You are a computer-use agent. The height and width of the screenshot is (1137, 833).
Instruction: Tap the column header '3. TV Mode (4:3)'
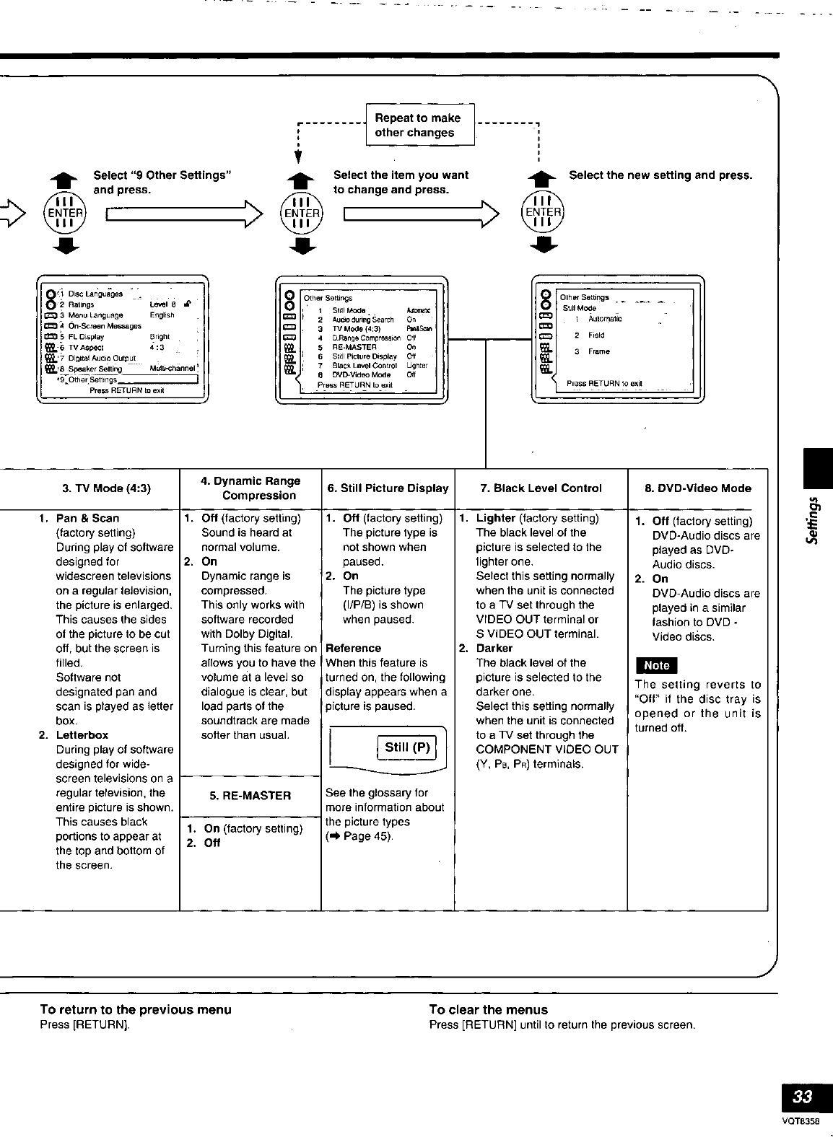(x=106, y=488)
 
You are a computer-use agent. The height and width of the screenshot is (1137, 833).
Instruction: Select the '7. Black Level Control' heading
(x=541, y=488)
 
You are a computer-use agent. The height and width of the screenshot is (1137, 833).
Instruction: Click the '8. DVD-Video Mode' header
(x=697, y=488)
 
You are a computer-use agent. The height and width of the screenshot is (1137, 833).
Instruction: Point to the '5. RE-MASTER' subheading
(x=250, y=796)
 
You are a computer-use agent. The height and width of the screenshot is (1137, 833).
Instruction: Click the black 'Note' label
(x=655, y=665)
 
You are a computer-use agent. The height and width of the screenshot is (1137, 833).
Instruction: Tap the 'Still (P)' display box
(x=407, y=747)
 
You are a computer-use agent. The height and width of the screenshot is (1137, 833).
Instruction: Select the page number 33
(x=802, y=1097)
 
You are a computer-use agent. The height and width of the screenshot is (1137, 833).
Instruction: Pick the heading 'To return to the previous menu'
(x=136, y=1009)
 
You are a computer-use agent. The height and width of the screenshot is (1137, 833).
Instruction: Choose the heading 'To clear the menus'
(x=488, y=1009)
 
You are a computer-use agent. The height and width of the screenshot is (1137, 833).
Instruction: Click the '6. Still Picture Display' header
(x=388, y=488)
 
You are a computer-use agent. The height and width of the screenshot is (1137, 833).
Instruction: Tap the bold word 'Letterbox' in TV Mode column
(x=82, y=735)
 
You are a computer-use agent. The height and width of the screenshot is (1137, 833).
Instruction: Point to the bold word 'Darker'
(x=494, y=648)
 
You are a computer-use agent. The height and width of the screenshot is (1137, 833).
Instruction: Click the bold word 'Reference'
(x=353, y=648)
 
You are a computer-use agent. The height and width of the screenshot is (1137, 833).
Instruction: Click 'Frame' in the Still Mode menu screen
(x=598, y=351)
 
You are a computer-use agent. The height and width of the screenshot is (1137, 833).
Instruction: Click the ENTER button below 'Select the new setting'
(x=543, y=211)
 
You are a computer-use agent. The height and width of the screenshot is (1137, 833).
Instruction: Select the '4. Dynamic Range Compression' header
(x=250, y=488)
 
